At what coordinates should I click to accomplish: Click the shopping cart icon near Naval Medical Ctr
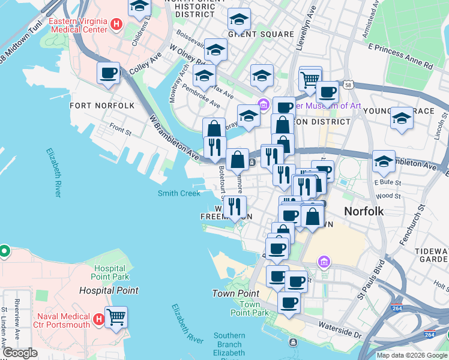point(116,316)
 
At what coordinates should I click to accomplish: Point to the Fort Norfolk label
point(102,106)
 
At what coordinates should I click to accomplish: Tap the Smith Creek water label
point(179,193)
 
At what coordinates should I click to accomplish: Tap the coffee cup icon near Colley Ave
point(108,73)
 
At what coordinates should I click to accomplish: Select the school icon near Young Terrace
point(401,118)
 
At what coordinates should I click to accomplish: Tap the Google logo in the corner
point(20,353)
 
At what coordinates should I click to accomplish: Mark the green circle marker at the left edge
point(3,250)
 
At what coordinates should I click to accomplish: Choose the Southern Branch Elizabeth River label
point(229,345)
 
